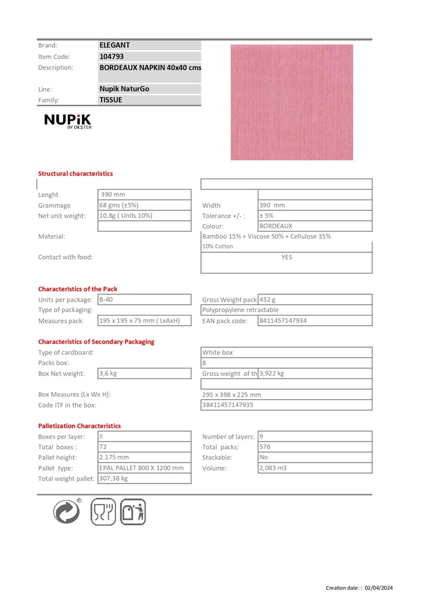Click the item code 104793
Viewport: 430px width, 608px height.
click(112, 56)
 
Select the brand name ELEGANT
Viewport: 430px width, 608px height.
click(114, 46)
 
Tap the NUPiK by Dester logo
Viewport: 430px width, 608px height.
click(68, 122)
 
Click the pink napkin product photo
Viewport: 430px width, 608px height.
click(291, 102)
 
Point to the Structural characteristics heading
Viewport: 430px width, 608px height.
click(75, 173)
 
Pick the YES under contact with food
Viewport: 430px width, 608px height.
click(287, 257)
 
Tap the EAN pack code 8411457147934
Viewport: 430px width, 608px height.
click(283, 321)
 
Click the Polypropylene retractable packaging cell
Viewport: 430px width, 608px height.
click(240, 310)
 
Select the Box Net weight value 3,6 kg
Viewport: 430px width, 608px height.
click(109, 373)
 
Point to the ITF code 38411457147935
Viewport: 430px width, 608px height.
click(227, 405)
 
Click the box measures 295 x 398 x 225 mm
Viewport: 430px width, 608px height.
click(232, 394)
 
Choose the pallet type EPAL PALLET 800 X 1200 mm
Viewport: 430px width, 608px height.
click(141, 468)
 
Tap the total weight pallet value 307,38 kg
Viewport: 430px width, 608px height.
click(113, 478)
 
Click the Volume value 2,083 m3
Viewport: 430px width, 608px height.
click(273, 468)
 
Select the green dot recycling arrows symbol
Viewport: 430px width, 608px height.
click(67, 511)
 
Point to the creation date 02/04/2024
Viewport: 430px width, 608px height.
click(379, 588)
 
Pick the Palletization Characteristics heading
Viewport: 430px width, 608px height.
click(80, 426)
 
